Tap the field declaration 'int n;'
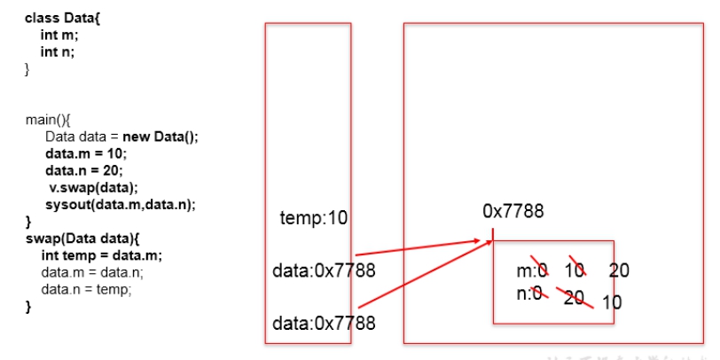pos(58,51)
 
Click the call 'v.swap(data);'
pos(93,187)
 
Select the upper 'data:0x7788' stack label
pos(323,270)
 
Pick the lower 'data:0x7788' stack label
pos(323,324)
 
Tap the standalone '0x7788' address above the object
pos(513,211)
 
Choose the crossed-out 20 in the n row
pos(574,297)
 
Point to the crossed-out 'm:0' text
pos(533,270)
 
